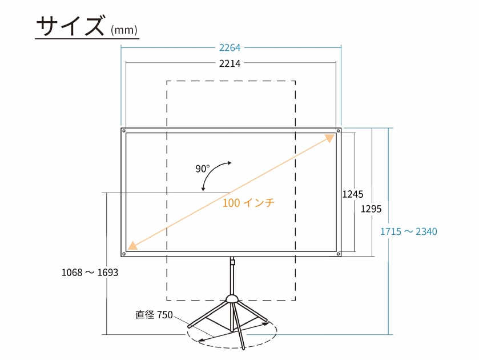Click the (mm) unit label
(124, 30)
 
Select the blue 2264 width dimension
(230, 47)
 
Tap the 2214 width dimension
(230, 63)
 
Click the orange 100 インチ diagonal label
(248, 202)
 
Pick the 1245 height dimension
(353, 194)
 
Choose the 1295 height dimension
(371, 209)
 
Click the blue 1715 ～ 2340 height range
(409, 231)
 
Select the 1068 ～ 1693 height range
(90, 273)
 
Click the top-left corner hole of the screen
(124, 131)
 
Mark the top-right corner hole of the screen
(338, 131)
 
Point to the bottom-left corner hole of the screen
(124, 254)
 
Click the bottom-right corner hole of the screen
(338, 254)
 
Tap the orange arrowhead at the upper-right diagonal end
(330, 138)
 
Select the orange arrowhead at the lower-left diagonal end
(132, 246)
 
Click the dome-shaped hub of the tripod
(232, 299)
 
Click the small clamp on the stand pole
(232, 262)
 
